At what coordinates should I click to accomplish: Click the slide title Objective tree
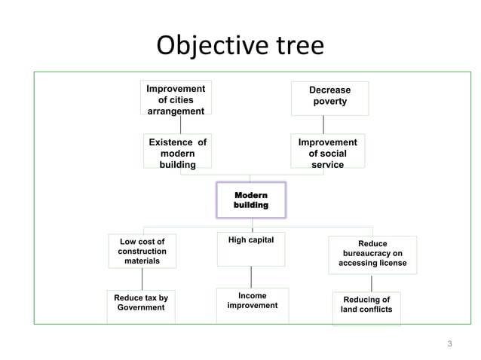(240, 46)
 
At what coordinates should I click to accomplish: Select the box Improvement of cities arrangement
(176, 99)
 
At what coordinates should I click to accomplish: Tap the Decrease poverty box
(329, 96)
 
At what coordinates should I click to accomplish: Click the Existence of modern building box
(177, 153)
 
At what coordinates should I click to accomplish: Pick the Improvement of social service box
(327, 153)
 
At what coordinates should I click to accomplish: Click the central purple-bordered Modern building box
(251, 200)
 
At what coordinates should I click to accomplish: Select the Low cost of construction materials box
(142, 251)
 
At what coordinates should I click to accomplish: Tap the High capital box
(251, 249)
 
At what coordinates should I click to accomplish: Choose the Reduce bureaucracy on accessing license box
(372, 254)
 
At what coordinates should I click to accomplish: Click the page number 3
(450, 344)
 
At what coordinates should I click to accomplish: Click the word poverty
(329, 102)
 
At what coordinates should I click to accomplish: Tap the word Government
(141, 308)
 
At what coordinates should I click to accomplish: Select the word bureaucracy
(372, 254)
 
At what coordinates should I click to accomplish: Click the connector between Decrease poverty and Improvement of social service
(323, 124)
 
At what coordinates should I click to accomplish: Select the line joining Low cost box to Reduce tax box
(142, 279)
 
